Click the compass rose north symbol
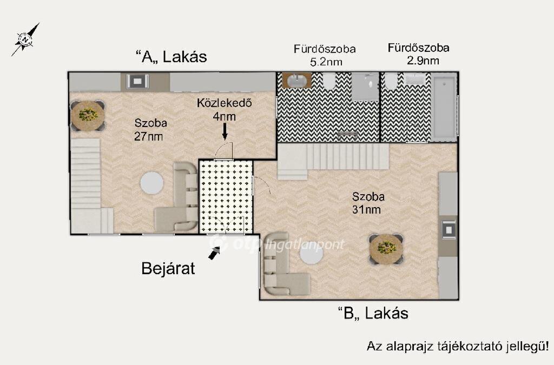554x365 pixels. pos(25,39)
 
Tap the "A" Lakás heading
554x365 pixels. pos(172,56)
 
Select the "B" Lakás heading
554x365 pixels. pos(373,313)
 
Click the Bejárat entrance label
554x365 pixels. pos(168,268)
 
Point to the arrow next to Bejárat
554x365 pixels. pos(214,253)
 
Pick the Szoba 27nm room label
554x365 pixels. pos(150,130)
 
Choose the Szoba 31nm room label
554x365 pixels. pos(368,203)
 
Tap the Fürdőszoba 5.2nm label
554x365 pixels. pos(325,55)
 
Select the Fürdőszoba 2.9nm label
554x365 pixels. pos(419,54)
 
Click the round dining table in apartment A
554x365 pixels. pos(88,115)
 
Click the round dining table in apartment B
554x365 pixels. pos(386,249)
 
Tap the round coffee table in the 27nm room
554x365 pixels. pos(152,183)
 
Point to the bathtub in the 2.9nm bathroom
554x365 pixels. pos(445,107)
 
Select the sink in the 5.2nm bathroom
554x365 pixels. pos(297,81)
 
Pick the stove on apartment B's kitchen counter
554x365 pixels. pos(449,230)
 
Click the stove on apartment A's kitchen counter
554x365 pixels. pos(137,82)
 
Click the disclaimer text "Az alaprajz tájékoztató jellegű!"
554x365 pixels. pos(458,346)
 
